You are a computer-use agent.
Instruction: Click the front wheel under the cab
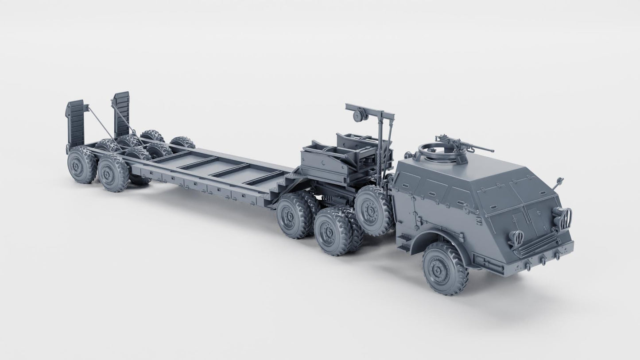[x=445, y=268]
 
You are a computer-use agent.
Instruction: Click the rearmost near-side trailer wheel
[x=81, y=165]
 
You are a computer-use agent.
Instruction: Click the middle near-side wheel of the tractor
[x=332, y=232]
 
